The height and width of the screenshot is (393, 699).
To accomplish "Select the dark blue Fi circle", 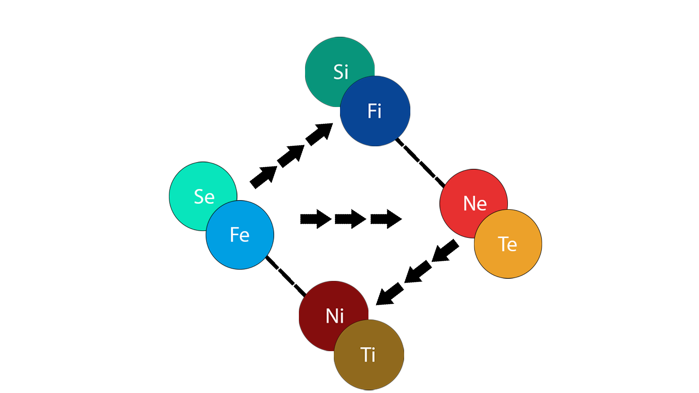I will coord(375,111).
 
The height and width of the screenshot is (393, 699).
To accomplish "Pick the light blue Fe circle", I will coord(240,235).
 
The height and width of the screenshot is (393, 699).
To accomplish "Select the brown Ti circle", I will coord(369,355).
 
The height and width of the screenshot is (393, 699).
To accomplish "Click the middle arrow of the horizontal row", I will coord(350,219).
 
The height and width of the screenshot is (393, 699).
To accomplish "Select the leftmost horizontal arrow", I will coord(315,219).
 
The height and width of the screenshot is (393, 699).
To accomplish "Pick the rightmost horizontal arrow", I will coord(386,219).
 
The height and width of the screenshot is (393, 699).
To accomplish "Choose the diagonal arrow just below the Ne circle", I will coord(446,251).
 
